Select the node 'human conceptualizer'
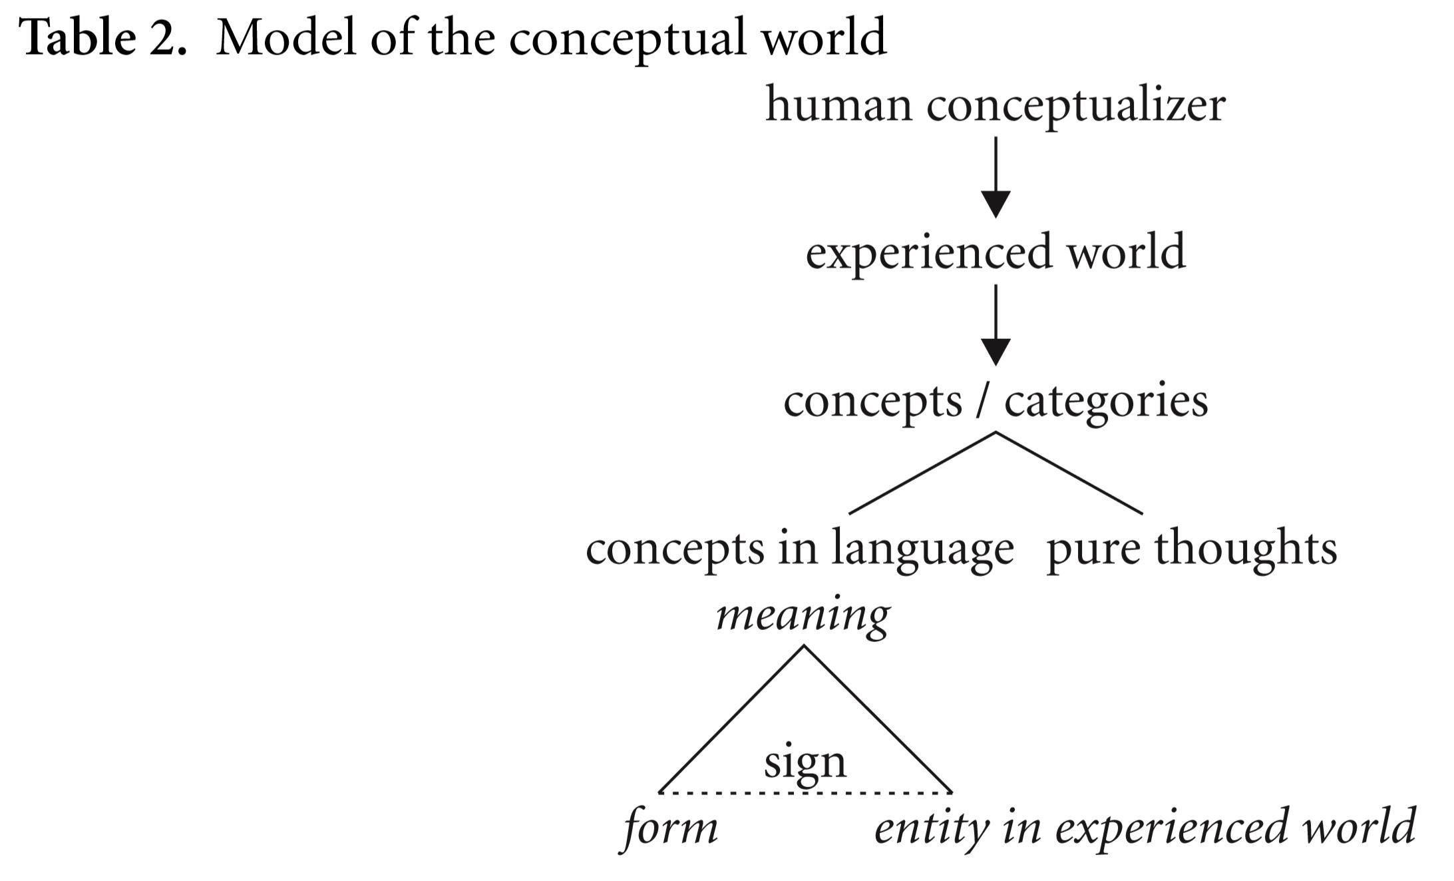click(995, 105)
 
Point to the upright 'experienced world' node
click(996, 252)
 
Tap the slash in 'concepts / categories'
click(983, 402)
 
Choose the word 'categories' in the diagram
click(1106, 402)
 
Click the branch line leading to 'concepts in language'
click(922, 473)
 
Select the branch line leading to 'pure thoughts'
click(1069, 473)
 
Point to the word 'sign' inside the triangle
click(805, 762)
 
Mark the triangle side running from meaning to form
click(731, 719)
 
